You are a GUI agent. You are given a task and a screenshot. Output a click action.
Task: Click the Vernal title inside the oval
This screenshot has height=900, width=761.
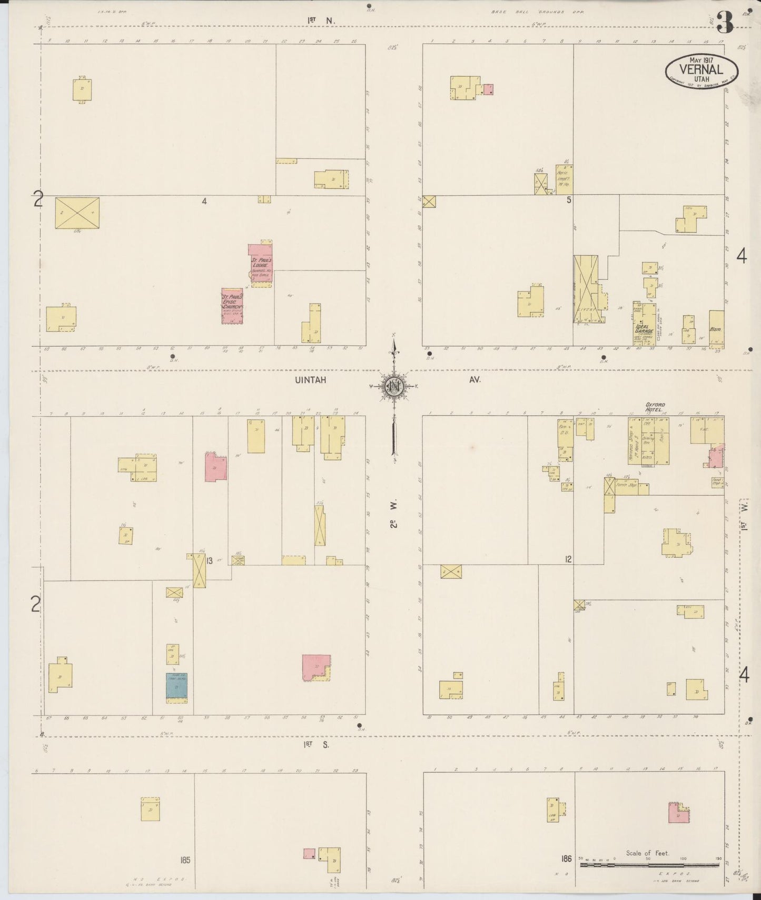pos(701,68)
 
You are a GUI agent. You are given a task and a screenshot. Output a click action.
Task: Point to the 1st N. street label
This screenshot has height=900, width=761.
pos(321,21)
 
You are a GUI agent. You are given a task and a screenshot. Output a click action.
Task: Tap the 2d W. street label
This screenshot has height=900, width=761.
pos(394,516)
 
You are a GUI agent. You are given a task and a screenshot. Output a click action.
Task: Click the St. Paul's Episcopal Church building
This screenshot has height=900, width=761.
pos(232,306)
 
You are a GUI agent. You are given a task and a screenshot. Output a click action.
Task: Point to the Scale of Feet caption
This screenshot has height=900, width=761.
pos(647,853)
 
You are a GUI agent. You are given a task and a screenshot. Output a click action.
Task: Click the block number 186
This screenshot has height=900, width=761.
pos(567,858)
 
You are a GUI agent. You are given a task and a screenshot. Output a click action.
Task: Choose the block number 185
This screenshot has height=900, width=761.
pos(184,860)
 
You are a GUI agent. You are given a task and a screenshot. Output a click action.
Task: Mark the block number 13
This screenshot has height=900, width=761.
pos(209,561)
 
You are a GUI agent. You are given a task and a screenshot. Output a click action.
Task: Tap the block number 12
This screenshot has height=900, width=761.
pos(568,559)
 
